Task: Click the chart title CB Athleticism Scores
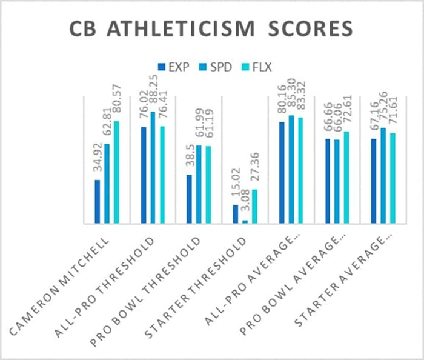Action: click(212, 29)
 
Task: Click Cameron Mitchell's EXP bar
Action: click(98, 202)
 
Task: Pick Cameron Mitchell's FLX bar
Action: click(116, 173)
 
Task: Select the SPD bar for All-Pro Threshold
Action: click(153, 168)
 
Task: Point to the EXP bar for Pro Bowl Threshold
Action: click(190, 199)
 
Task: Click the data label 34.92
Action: click(98, 161)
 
